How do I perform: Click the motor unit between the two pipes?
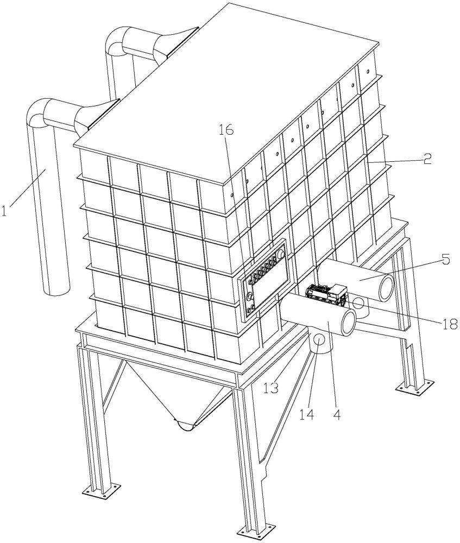[x=326, y=295]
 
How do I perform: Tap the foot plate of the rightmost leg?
[x=415, y=385]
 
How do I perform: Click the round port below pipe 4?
[x=319, y=340]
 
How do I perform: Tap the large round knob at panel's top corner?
[x=281, y=254]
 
